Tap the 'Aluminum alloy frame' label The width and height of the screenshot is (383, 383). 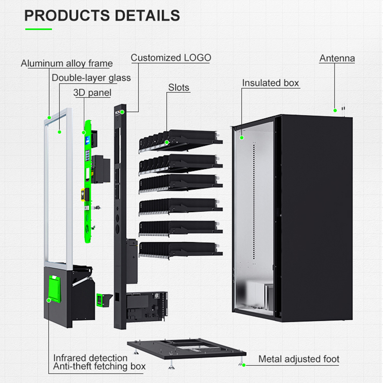67,63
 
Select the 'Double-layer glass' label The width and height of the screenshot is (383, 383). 91,78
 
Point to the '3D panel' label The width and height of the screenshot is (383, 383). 92,92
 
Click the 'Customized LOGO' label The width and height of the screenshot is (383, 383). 171,58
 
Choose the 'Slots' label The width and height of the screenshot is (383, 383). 179,88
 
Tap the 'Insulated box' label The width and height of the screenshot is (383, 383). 270,83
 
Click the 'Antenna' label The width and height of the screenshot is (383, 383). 337,58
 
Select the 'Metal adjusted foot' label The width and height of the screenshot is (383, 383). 299,359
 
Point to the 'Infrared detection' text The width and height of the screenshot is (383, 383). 90,358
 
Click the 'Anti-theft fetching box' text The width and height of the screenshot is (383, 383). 99,367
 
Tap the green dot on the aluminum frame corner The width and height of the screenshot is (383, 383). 49,116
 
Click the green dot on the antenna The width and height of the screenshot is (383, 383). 335,111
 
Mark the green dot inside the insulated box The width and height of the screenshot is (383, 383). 242,138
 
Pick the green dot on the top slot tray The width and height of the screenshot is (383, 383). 167,142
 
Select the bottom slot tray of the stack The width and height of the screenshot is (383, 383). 180,248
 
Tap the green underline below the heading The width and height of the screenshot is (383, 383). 38,29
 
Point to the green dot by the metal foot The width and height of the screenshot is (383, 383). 244,365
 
